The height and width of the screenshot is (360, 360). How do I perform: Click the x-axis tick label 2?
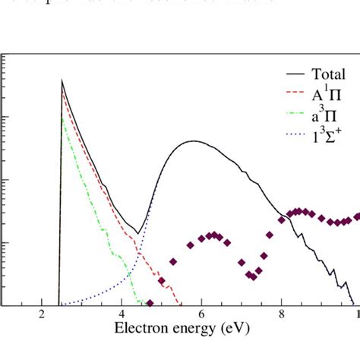tap(41, 315)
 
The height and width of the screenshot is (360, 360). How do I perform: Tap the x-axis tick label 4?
tap(121, 315)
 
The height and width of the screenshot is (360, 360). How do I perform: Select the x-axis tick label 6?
tap(201, 315)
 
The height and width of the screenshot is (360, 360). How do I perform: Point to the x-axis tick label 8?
tap(281, 315)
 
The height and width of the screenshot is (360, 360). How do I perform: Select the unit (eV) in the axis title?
tap(230, 330)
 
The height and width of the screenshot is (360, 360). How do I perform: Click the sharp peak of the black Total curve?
tap(62, 81)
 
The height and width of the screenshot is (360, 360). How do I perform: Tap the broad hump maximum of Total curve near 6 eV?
tap(195, 141)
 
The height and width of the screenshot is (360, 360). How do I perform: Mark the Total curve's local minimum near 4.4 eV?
tap(138, 233)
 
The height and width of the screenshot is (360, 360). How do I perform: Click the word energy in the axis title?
tap(190, 331)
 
